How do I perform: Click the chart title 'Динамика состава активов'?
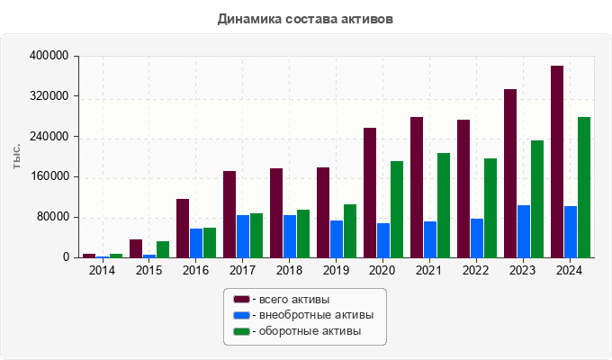click(x=305, y=18)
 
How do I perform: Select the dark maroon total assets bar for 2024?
click(x=557, y=162)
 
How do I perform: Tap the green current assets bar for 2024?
click(x=584, y=187)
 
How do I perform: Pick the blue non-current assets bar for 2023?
click(x=524, y=231)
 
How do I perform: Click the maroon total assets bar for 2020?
click(x=370, y=193)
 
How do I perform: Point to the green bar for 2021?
click(x=444, y=205)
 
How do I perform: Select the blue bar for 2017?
click(x=243, y=236)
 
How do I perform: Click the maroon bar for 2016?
click(x=183, y=228)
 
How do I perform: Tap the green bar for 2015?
click(x=163, y=249)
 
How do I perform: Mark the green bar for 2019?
click(x=350, y=230)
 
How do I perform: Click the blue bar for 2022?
click(x=477, y=238)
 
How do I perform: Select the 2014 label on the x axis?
click(x=102, y=271)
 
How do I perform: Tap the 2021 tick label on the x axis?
click(x=429, y=271)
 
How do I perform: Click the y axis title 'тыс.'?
click(x=17, y=157)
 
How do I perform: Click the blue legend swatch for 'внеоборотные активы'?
click(x=241, y=315)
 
